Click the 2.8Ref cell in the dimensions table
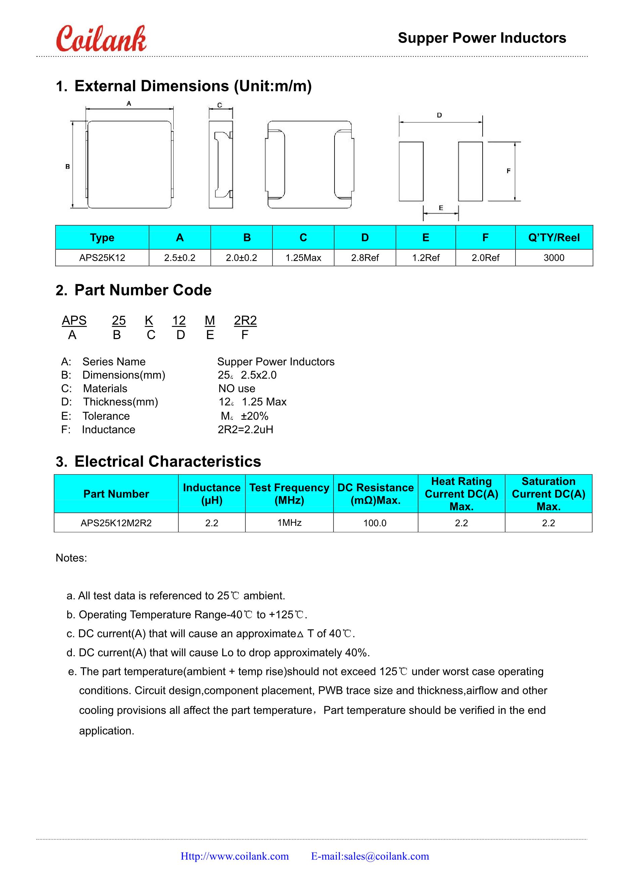click(365, 258)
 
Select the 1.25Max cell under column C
click(303, 258)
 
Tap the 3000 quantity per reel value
click(554, 258)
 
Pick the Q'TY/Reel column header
click(554, 237)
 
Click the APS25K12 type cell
click(102, 258)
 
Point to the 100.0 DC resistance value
click(375, 523)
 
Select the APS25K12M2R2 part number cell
click(116, 523)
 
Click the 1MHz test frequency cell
click(289, 523)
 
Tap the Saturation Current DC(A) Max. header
click(548, 493)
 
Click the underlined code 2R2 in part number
click(245, 321)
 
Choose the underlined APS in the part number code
click(74, 321)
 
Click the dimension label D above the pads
click(439, 115)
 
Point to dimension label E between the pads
click(441, 208)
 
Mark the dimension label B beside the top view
click(68, 166)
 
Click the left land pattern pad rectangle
click(411, 171)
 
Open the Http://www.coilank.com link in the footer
click(234, 856)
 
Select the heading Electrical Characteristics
click(167, 461)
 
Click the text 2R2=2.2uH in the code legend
click(246, 430)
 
